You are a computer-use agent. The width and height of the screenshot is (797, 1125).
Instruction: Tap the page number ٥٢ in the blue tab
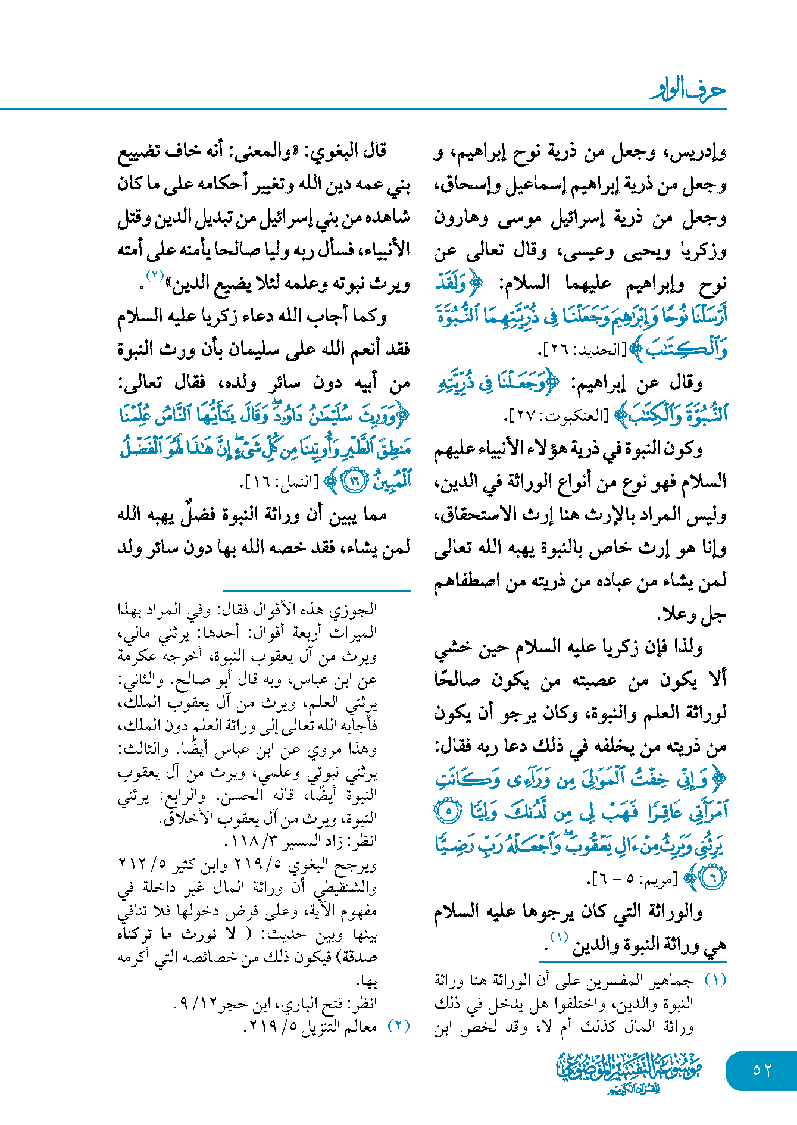click(x=762, y=1070)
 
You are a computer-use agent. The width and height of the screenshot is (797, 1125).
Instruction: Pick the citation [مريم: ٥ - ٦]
click(x=632, y=879)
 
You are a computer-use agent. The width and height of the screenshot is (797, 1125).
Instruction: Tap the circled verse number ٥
click(x=448, y=811)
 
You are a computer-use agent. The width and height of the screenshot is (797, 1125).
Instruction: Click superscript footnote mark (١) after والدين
click(x=559, y=937)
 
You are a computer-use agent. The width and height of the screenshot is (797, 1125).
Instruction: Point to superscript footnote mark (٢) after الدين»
click(x=155, y=276)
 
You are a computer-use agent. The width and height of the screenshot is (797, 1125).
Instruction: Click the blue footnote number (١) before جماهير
click(x=715, y=979)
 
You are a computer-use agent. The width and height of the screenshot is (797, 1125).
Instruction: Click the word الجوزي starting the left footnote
click(x=357, y=609)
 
